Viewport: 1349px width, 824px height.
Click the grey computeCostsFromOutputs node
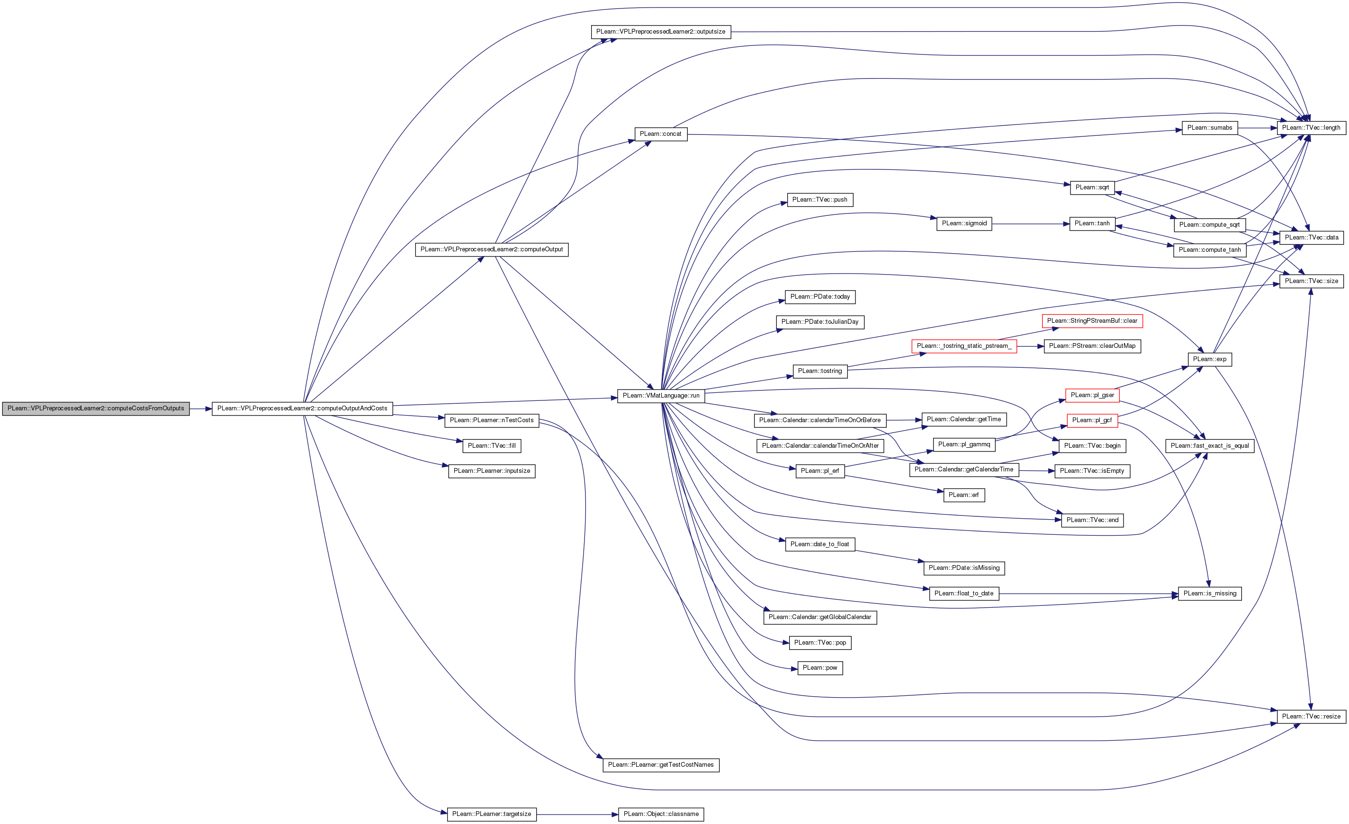point(96,409)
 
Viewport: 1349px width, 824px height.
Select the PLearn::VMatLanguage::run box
point(661,396)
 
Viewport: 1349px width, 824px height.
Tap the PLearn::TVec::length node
point(1311,128)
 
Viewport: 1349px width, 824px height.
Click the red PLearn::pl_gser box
point(1092,395)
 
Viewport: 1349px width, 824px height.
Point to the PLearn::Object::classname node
point(661,814)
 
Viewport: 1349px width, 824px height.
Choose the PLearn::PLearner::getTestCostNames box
point(661,765)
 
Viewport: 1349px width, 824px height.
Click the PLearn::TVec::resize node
point(1311,717)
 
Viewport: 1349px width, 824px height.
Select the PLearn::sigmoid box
point(963,223)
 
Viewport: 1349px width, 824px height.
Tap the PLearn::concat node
point(660,134)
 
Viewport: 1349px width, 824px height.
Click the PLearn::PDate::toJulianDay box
point(819,322)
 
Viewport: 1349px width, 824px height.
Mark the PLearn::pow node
point(819,668)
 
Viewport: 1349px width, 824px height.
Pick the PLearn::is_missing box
point(1209,594)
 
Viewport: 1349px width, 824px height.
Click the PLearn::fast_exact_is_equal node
point(1209,446)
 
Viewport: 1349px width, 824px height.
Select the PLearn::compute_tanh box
point(1209,250)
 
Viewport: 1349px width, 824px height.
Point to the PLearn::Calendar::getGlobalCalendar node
point(819,617)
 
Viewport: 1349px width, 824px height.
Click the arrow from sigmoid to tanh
point(1029,224)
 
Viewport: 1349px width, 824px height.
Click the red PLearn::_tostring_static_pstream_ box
point(963,346)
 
